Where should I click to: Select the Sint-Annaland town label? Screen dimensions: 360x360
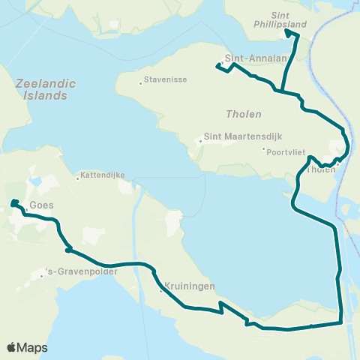[251, 64]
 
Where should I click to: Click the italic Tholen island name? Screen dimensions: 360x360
[244, 115]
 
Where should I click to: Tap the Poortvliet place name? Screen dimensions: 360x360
[287, 150]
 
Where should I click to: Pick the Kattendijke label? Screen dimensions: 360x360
[103, 178]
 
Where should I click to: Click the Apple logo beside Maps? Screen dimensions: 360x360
[12, 347]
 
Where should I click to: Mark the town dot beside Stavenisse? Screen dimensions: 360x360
[140, 83]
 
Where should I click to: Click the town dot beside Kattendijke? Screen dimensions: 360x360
[77, 178]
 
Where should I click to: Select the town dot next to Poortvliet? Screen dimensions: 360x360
[264, 150]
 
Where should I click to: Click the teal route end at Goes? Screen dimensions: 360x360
[13, 202]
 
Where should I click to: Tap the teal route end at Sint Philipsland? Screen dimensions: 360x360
[286, 33]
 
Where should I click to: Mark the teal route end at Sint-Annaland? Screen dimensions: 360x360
[218, 67]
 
